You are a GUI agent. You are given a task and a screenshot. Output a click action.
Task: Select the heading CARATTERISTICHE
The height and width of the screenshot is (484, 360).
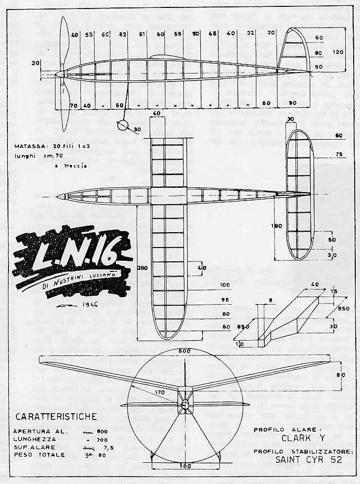pos(56,416)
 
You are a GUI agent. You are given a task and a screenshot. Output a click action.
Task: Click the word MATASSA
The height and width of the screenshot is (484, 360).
pos(35,143)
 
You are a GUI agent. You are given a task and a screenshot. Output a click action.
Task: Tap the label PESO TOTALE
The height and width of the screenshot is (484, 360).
pos(40,454)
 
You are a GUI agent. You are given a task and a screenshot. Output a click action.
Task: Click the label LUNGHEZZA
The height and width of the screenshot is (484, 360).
pos(37,439)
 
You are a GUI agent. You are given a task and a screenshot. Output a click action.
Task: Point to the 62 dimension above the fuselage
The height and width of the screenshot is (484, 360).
pos(123,35)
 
